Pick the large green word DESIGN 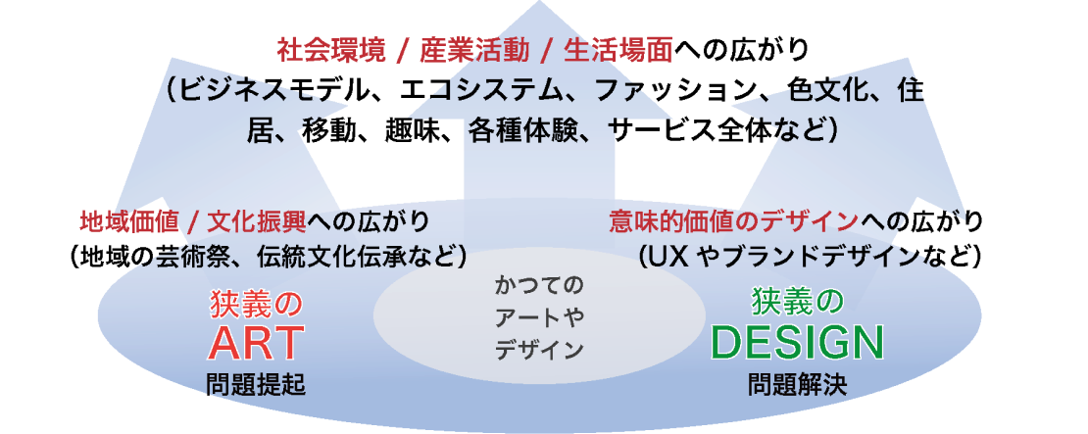click(x=797, y=342)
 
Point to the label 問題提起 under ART click(x=256, y=385)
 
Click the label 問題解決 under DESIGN click(x=797, y=385)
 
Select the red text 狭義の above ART click(x=256, y=304)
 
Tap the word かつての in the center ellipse click(x=539, y=285)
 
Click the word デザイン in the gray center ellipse click(x=539, y=350)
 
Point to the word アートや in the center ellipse click(x=539, y=317)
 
